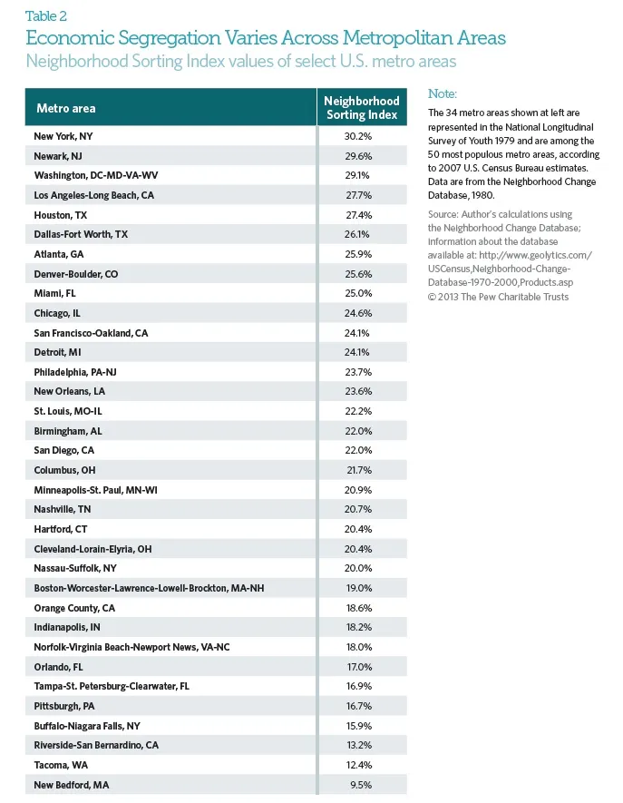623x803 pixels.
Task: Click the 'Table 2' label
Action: pos(46,15)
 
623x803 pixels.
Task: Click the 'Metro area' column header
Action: pos(65,109)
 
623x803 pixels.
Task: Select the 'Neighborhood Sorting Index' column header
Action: pos(362,108)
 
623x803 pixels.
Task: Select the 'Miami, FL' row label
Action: pos(54,293)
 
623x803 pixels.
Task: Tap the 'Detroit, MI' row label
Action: pos(58,352)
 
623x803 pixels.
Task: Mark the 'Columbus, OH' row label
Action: pos(64,470)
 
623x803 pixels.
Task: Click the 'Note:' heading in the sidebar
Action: pos(443,93)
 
